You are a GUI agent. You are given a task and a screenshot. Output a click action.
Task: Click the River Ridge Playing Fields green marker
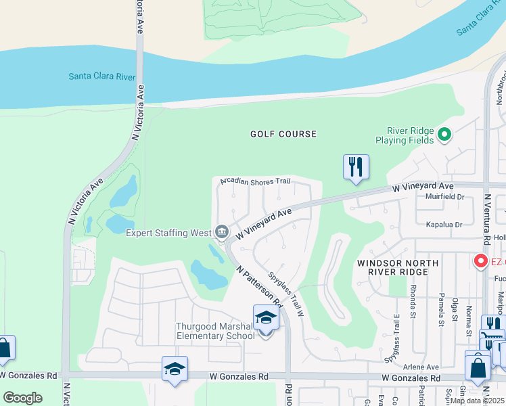(x=444, y=135)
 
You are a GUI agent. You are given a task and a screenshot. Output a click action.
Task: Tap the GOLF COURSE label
(x=283, y=134)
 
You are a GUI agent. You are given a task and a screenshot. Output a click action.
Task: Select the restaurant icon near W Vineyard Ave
(x=356, y=167)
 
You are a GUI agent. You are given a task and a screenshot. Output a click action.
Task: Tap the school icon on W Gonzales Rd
(x=175, y=369)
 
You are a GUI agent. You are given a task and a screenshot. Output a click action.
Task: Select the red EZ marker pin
(x=481, y=261)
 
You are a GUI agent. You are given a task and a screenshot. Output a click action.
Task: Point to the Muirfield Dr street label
(x=446, y=197)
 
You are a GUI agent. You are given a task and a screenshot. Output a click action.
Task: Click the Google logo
(x=22, y=398)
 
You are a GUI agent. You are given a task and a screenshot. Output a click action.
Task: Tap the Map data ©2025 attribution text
(x=476, y=401)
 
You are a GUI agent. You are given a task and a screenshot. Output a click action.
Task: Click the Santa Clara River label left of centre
(x=102, y=76)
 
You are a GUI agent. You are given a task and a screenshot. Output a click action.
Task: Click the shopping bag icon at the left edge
(x=4, y=349)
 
